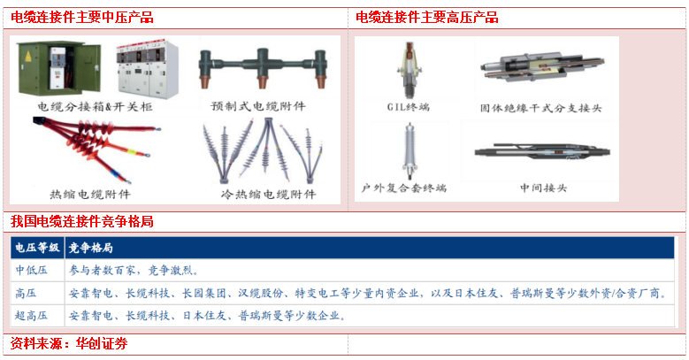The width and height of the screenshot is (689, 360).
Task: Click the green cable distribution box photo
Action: pos(59,68)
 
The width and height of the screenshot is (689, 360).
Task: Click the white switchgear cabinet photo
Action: pos(148,69)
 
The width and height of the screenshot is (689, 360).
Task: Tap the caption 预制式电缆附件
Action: pos(258,106)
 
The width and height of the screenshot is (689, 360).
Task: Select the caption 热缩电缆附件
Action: pos(90,195)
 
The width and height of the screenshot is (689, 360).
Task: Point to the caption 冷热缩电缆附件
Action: pos(269,195)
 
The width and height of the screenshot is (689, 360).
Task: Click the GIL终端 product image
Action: pos(410,71)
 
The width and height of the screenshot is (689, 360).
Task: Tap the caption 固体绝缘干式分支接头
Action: pos(540,108)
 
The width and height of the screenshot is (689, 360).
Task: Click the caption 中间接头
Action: pos(544,188)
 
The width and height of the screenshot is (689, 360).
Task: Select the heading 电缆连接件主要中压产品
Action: pos(82,18)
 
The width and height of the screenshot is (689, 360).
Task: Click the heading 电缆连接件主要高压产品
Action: pos(427,18)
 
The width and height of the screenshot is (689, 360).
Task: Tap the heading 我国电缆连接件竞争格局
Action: pos(82,221)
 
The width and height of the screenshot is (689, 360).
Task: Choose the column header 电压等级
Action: pos(37,248)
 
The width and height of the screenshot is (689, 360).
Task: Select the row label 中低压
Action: pos(31,271)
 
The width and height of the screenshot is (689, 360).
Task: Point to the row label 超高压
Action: pos(31,316)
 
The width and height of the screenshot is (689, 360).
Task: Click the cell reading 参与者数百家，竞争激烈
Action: pos(134,271)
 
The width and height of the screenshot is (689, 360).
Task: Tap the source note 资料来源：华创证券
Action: pos(69,343)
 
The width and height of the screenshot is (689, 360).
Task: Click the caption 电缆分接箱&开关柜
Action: pos(95,106)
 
